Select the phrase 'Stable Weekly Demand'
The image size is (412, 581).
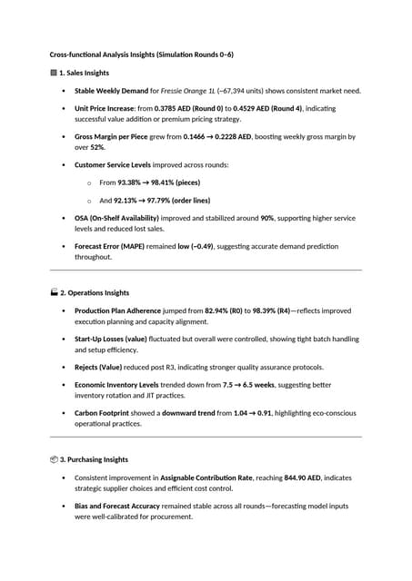pos(108,91)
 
